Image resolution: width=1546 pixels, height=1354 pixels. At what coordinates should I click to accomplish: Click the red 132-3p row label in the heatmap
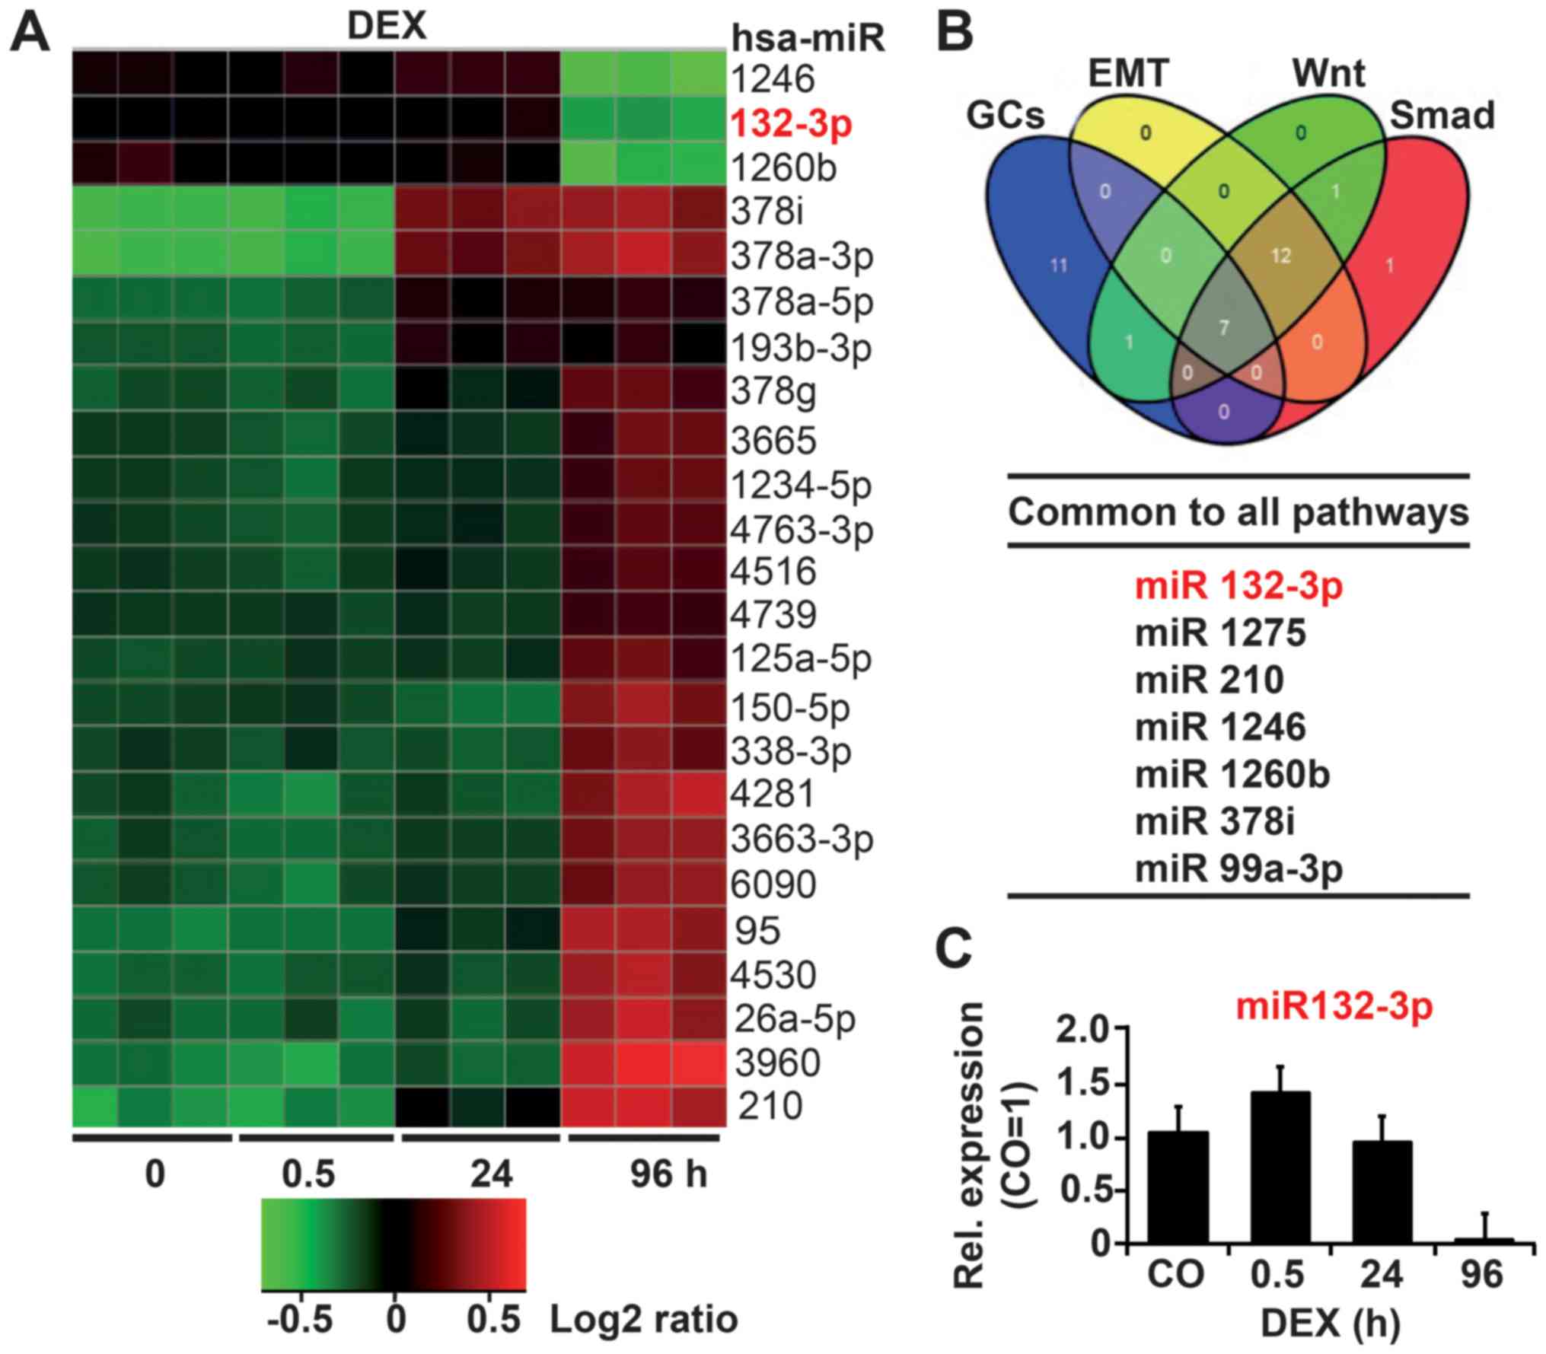click(x=790, y=125)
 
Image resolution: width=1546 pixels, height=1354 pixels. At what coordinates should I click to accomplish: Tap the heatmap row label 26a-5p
click(x=795, y=1018)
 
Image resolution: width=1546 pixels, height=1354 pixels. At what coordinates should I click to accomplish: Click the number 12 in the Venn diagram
click(x=1281, y=256)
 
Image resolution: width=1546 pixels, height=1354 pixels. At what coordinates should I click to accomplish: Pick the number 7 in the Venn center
click(x=1224, y=328)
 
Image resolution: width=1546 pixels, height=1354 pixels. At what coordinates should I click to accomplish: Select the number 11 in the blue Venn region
click(x=1059, y=266)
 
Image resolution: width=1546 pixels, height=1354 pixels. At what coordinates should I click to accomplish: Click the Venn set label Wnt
click(x=1328, y=75)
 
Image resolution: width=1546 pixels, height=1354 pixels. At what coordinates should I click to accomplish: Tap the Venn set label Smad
click(x=1442, y=116)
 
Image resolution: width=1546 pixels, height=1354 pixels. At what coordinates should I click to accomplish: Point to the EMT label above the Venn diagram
click(x=1128, y=75)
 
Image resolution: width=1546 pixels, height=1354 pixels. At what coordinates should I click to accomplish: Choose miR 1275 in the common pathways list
click(x=1220, y=633)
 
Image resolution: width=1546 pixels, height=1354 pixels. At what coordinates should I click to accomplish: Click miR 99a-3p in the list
click(x=1238, y=869)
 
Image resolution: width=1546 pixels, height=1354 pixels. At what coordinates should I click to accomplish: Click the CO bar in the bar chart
click(x=1177, y=1190)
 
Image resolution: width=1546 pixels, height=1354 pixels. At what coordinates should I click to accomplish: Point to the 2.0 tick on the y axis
click(x=1085, y=1030)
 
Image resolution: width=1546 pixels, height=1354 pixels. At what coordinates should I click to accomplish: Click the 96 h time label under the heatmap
click(x=668, y=1174)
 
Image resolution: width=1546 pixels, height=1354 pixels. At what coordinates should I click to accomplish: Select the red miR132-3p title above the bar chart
click(x=1334, y=1006)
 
